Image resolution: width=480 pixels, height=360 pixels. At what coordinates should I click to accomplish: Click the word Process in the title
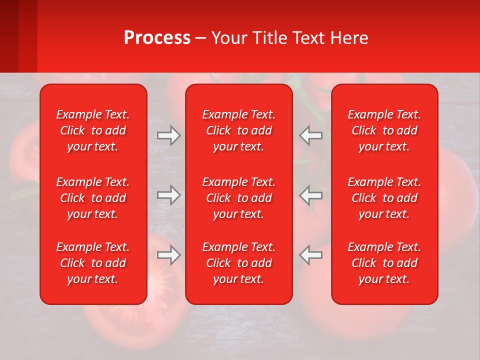point(157,38)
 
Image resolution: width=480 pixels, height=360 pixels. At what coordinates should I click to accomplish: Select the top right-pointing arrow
point(168,135)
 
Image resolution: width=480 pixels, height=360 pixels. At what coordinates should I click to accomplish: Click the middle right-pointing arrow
point(168,195)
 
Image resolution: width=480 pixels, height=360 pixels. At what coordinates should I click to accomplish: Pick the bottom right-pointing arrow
point(168,255)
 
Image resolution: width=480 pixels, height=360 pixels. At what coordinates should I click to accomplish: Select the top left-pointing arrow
point(311,135)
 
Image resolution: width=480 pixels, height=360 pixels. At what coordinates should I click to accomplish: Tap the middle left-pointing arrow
point(311,195)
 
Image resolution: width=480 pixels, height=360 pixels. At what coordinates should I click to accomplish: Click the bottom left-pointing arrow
point(311,255)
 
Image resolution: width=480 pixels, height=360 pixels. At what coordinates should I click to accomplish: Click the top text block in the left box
point(93,130)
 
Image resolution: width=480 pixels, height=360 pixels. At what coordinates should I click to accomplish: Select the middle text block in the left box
point(93,198)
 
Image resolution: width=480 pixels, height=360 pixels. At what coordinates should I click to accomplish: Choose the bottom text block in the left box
point(93,263)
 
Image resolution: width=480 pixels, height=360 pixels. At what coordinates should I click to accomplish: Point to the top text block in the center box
point(238,130)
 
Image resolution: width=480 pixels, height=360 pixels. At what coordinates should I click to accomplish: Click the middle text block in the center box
point(238,198)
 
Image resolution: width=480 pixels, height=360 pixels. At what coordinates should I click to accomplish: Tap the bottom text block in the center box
point(238,263)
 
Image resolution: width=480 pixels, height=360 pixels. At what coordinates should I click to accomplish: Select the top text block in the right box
point(384,130)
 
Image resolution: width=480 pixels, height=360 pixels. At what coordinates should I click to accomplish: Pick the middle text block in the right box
point(384,198)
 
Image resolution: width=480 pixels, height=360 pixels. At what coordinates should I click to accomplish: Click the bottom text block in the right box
point(384,263)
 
